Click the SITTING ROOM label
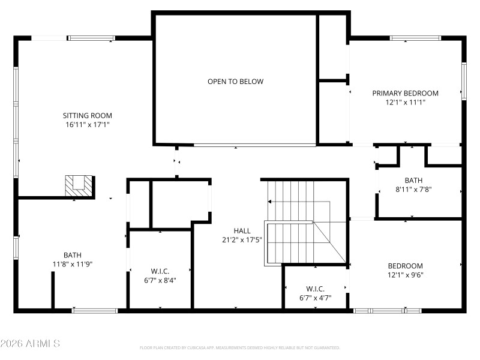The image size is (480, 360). (88, 115)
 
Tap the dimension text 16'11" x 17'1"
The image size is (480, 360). (88, 125)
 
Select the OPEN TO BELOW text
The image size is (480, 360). (235, 82)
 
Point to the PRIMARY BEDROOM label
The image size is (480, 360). (405, 93)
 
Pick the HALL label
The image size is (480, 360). (242, 230)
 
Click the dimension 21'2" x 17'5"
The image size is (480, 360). (242, 240)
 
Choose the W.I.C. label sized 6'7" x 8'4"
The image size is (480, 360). (160, 270)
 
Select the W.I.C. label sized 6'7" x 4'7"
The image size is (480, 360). (315, 288)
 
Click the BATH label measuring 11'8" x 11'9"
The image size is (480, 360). (73, 254)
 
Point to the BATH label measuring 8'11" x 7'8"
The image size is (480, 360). (413, 180)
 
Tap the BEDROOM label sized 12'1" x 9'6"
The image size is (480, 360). (405, 266)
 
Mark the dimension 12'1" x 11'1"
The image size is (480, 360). (405, 103)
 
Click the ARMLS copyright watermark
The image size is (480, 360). (30, 344)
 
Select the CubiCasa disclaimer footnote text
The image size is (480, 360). (240, 347)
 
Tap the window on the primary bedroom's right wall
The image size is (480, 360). (463, 81)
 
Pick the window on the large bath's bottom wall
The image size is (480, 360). (95, 310)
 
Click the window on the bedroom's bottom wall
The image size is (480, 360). (387, 310)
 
